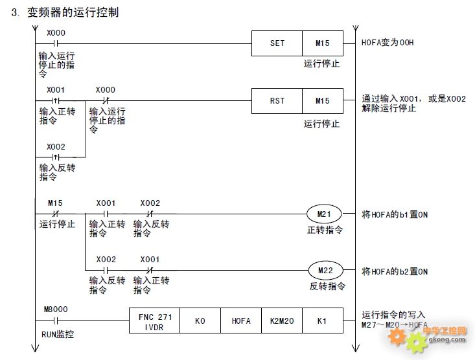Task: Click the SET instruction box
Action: [277, 43]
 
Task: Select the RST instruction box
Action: [277, 101]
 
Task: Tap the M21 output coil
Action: [324, 214]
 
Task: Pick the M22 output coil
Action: [326, 271]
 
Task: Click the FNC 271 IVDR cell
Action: [154, 321]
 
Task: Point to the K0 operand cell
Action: [200, 321]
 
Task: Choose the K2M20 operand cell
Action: [282, 321]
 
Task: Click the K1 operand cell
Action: [323, 321]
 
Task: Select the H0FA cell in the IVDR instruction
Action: [241, 321]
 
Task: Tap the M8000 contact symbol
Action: [56, 321]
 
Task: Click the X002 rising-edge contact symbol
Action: [56, 157]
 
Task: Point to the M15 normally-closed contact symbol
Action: [55, 214]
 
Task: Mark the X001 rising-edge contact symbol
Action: [56, 100]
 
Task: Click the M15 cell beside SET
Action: [323, 43]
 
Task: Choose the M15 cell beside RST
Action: [323, 101]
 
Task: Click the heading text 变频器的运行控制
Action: [73, 12]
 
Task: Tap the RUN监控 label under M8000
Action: [58, 334]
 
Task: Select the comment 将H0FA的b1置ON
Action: [395, 215]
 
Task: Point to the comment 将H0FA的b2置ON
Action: [395, 271]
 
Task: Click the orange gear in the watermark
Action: [396, 336]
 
